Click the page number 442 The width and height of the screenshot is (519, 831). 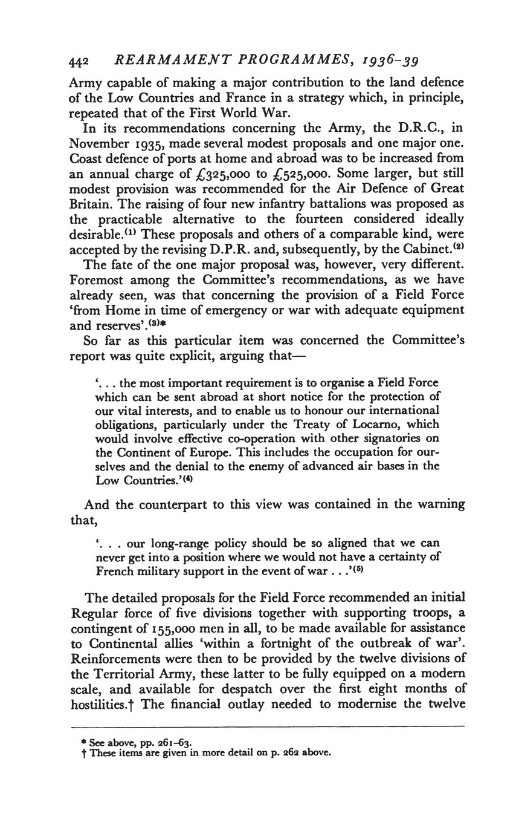coord(79,62)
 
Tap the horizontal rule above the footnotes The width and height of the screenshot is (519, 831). coord(268,726)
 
